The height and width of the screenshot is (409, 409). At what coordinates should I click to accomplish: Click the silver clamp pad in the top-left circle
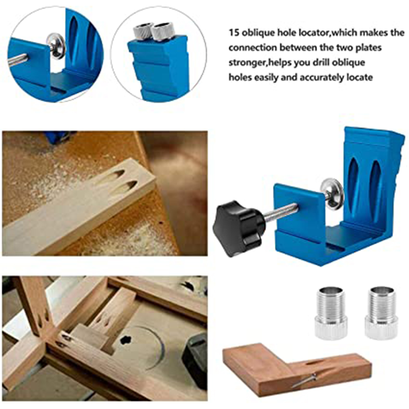click(56, 46)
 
